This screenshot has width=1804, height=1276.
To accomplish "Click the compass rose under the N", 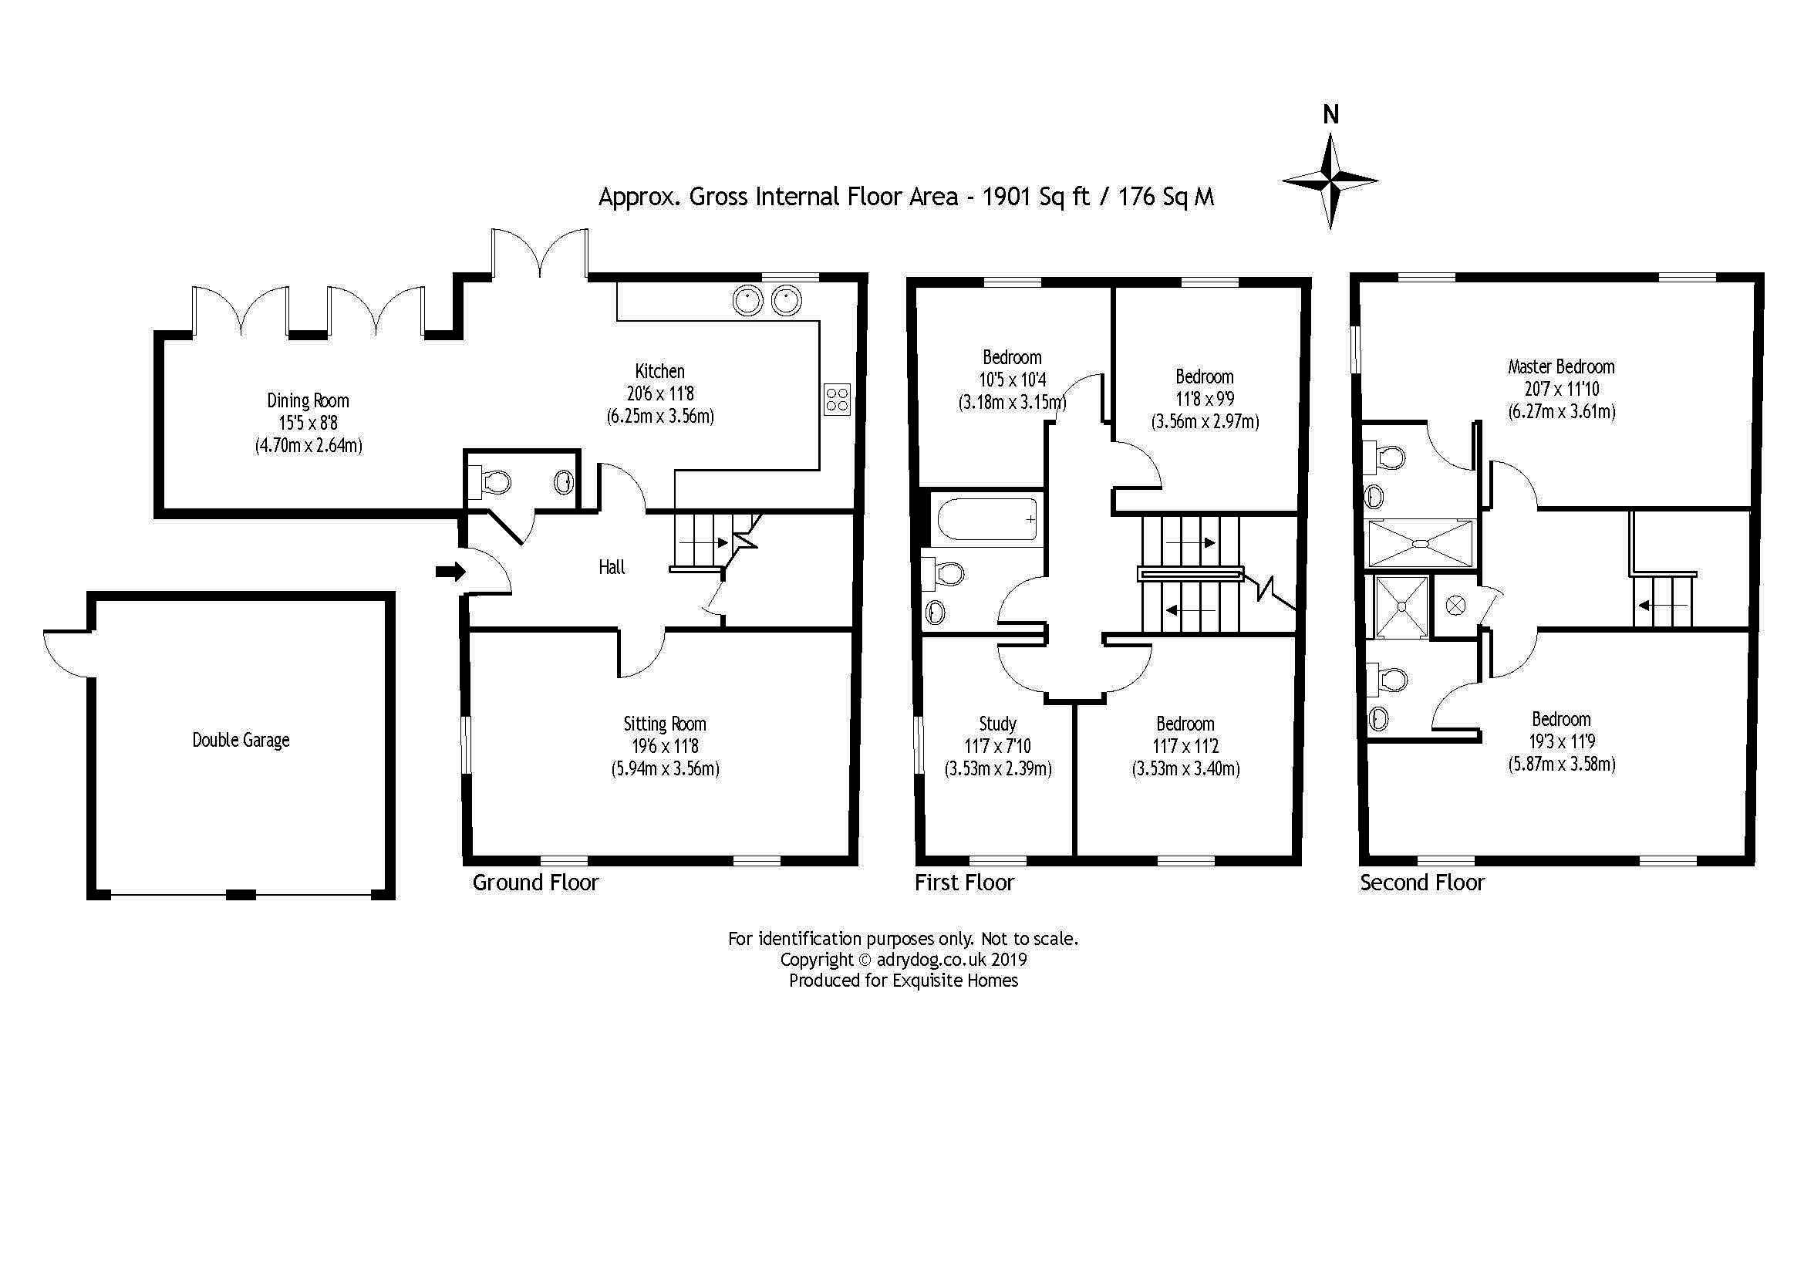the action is coord(1330,181).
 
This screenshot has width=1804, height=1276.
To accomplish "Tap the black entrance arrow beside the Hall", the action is coord(450,572).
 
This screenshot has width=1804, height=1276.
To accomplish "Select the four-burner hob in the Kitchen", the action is coord(838,399).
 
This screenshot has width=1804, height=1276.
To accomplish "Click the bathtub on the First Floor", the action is coord(988,519).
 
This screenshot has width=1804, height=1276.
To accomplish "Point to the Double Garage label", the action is coord(241,740).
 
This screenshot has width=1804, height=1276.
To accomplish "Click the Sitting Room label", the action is coord(665,724).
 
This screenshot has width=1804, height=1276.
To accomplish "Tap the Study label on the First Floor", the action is coord(998,724).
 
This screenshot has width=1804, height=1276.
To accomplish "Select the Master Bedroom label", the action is coord(1561,367).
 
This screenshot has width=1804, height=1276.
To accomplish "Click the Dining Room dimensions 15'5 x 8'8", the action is coord(308,424).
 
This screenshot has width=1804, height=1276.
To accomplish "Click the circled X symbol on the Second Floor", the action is coord(1455,606).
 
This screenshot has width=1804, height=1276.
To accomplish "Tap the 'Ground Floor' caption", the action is coord(535,883).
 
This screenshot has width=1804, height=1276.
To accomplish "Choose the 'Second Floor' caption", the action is coord(1422,883).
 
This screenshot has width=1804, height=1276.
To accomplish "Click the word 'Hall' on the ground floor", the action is coord(612,567).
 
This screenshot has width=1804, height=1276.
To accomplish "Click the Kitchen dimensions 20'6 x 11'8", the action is coord(660,393).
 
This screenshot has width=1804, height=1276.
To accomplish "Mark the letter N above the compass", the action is coord(1330,116).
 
